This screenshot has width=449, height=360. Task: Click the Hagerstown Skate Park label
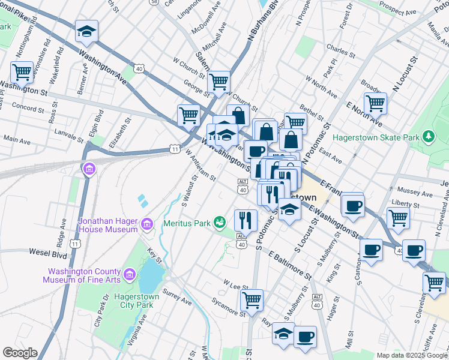375,137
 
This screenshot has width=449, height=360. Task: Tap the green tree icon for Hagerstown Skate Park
428,137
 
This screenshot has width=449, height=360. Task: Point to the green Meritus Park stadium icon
220,223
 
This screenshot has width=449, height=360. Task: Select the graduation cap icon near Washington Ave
86,32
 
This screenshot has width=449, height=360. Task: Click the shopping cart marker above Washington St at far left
22,73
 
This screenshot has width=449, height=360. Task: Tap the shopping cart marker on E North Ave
375,103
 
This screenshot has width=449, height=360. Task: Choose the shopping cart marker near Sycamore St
252,299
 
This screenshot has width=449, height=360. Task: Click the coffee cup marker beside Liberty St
352,205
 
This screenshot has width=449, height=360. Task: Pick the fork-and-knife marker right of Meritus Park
245,220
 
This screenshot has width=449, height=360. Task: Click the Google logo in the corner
20,353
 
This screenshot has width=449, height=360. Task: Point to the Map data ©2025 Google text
411,355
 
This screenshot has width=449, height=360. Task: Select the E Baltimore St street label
290,265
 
